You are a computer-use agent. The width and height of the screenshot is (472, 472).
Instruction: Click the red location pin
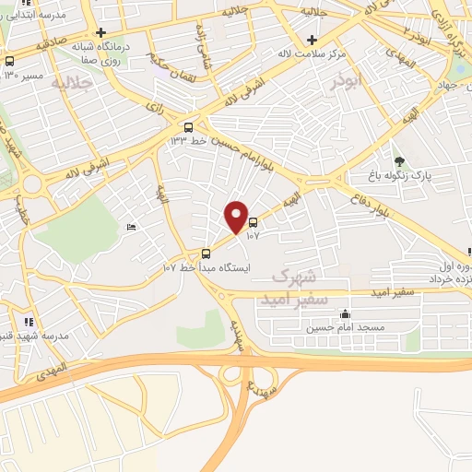tap(236, 218)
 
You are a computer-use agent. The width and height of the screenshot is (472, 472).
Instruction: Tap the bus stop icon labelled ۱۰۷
tap(254, 222)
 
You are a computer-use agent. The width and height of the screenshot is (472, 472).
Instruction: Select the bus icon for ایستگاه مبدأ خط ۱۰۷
tap(206, 254)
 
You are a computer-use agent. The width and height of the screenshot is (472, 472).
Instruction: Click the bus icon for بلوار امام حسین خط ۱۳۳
tap(189, 126)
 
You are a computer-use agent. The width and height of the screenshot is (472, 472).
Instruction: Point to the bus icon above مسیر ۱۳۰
tap(10, 61)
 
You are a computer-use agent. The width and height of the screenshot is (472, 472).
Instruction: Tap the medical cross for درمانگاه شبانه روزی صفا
tap(101, 32)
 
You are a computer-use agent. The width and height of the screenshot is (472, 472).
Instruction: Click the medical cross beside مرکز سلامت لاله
tap(313, 40)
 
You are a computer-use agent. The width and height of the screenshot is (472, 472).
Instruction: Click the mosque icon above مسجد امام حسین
tap(345, 313)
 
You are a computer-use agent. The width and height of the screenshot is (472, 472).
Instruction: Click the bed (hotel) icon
tap(131, 226)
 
